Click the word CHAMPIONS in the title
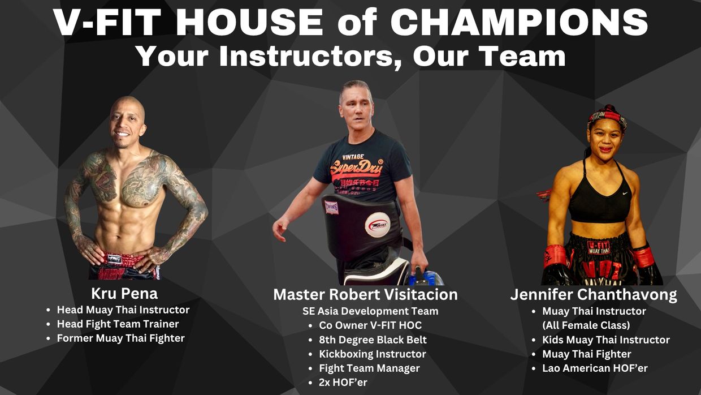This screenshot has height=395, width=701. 519,22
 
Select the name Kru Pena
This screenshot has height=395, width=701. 124,294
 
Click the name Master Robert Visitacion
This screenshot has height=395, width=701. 366,294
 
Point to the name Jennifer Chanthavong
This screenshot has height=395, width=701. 594,295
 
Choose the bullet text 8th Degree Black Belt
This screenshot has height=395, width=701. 373,340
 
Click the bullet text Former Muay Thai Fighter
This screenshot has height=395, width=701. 121,338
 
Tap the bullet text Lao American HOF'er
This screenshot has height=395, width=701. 595,368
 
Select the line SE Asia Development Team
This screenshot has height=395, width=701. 370,311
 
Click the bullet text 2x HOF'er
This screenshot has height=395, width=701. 343,383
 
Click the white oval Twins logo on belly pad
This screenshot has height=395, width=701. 378,225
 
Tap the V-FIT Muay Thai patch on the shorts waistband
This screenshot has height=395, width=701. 599,248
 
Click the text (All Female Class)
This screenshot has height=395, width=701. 586,325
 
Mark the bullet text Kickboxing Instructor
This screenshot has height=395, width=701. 373,354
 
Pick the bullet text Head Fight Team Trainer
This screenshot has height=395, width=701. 118,324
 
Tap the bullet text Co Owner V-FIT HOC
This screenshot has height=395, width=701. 370,325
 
